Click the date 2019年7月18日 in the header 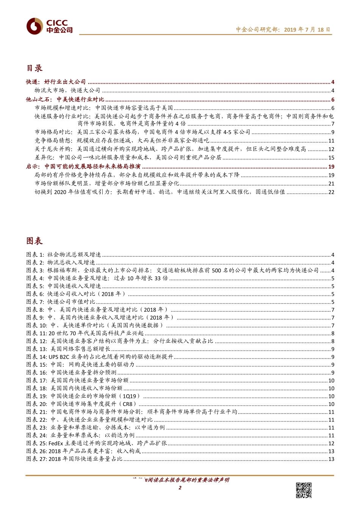[x=307, y=30]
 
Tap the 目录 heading [x=34, y=68]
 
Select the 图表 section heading [x=34, y=241]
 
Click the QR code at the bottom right [x=304, y=490]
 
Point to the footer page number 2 [x=180, y=487]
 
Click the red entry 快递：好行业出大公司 [x=56, y=82]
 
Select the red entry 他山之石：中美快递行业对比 [x=65, y=99]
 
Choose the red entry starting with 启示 [x=83, y=166]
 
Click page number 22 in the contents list [x=331, y=192]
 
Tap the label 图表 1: [x=35, y=254]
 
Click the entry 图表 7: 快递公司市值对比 [x=61, y=302]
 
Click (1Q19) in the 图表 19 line [x=130, y=396]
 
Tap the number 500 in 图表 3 [x=216, y=270]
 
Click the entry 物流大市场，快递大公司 [x=67, y=91]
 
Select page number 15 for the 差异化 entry [x=331, y=158]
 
